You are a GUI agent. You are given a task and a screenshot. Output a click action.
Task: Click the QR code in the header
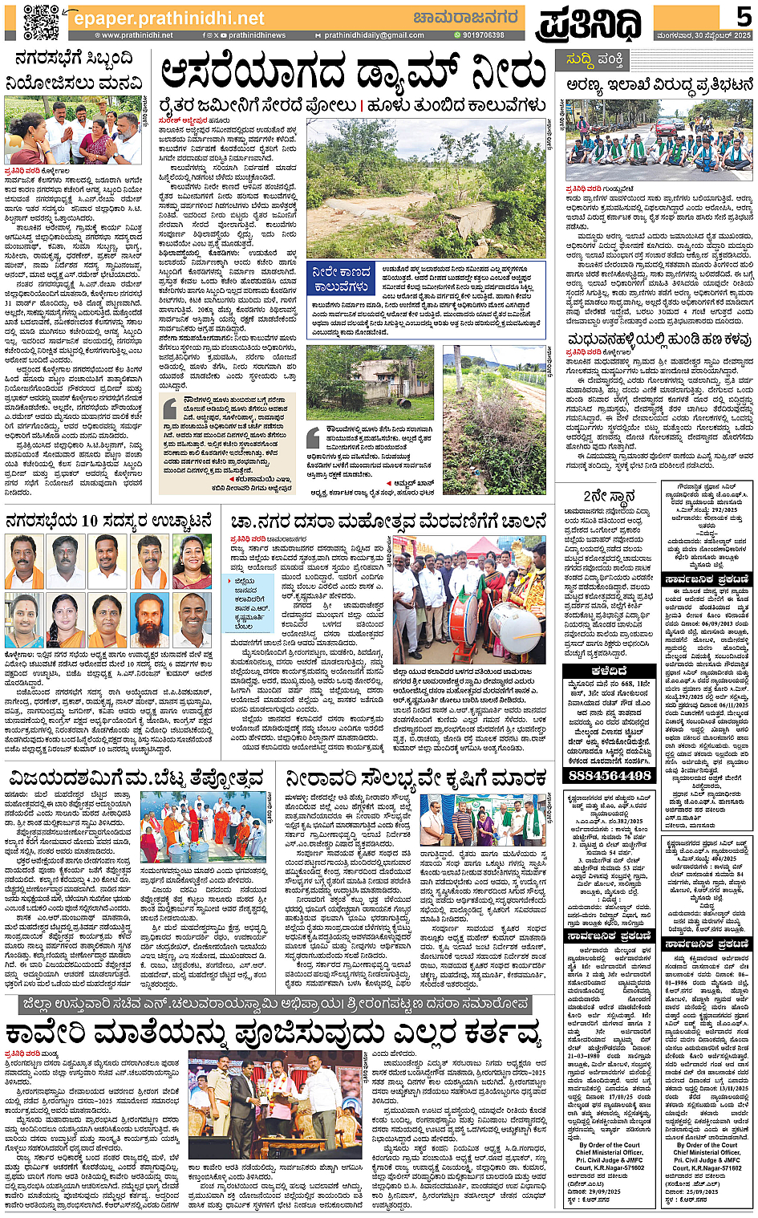(40, 22)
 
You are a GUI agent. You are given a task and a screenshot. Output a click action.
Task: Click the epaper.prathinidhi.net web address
(168, 18)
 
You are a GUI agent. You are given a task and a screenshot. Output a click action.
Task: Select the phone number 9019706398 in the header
(483, 35)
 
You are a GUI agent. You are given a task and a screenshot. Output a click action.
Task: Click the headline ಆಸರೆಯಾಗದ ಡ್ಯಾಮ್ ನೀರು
(353, 74)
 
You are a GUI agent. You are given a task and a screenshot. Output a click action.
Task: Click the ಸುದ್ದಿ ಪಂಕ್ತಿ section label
(595, 60)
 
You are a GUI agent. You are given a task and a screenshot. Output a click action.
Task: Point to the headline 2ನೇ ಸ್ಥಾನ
(609, 495)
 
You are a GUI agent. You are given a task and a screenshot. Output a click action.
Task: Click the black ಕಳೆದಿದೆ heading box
(609, 671)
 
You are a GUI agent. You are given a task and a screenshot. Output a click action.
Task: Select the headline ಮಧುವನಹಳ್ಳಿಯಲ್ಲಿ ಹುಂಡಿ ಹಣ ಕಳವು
(659, 340)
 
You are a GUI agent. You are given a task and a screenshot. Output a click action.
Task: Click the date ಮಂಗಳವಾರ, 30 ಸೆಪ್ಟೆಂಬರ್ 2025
(704, 35)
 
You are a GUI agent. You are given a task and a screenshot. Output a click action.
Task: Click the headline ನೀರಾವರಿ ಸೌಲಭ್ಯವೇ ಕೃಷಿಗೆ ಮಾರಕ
(416, 777)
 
